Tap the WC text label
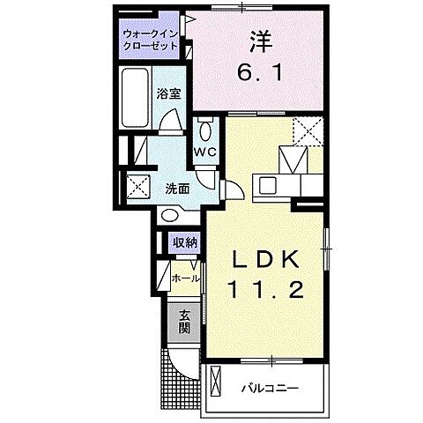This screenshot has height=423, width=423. [205, 152]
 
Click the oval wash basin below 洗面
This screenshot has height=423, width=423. [171, 215]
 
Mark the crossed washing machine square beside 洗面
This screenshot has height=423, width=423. [137, 187]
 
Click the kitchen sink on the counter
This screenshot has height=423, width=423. [267, 185]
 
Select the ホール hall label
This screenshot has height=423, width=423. [185, 278]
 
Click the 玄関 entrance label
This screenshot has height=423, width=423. [183, 323]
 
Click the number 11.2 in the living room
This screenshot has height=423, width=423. [267, 289]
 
